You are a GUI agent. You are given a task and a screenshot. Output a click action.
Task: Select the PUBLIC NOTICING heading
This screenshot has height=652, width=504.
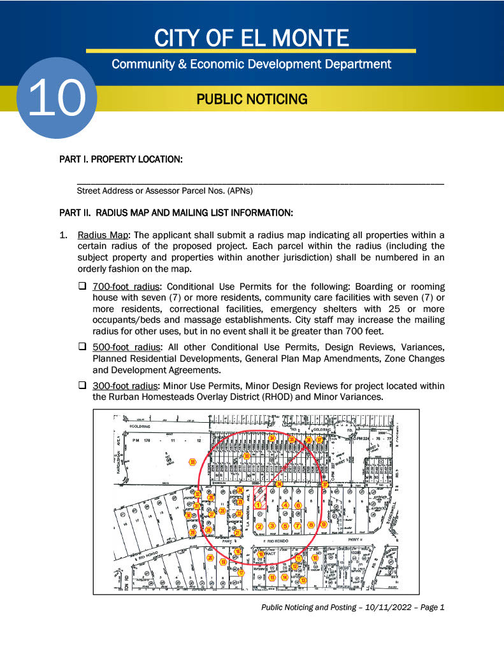tap(252, 99)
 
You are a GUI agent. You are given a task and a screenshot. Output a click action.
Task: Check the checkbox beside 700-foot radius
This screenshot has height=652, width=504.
tap(82, 287)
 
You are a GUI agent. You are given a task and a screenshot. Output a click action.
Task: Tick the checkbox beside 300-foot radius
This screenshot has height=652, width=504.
tap(82, 386)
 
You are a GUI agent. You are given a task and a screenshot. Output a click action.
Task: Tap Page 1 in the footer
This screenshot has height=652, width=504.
tap(429, 607)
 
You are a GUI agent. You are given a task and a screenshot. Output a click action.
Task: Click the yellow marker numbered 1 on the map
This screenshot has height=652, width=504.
tap(258, 505)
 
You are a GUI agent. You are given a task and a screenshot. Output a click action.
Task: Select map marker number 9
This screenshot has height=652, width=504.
tap(324, 525)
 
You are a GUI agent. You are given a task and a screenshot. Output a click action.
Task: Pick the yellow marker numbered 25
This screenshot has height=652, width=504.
tap(222, 510)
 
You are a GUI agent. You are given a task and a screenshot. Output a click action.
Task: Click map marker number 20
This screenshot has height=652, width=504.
tap(210, 558)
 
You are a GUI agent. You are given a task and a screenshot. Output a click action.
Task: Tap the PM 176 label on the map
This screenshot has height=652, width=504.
tap(140, 440)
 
